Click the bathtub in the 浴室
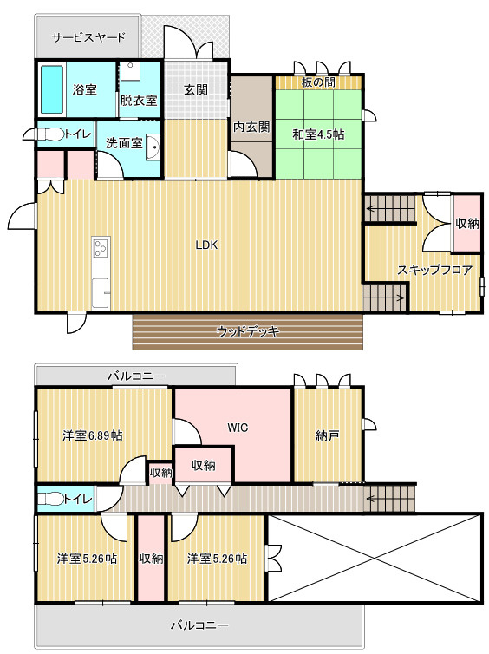pyautogui.click(x=52, y=89)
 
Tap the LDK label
pyautogui.click(x=206, y=245)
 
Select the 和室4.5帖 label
pyautogui.click(x=318, y=134)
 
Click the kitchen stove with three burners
pyautogui.click(x=101, y=247)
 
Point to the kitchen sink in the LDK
pyautogui.click(x=101, y=293)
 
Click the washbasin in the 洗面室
pyautogui.click(x=153, y=147)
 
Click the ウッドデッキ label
pyautogui.click(x=248, y=331)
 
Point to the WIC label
pyautogui.click(x=238, y=428)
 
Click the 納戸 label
pyautogui.click(x=327, y=436)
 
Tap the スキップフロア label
pyautogui.click(x=434, y=271)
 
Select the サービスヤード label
pyautogui.click(x=88, y=37)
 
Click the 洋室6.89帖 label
pyautogui.click(x=93, y=435)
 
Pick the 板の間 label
pyautogui.click(x=318, y=82)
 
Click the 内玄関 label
pyautogui.click(x=251, y=127)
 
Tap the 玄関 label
pyautogui.click(x=196, y=89)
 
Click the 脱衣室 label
pyautogui.click(x=139, y=101)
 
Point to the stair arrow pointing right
pyautogui.click(x=385, y=298)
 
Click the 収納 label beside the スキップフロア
pyautogui.click(x=467, y=224)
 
